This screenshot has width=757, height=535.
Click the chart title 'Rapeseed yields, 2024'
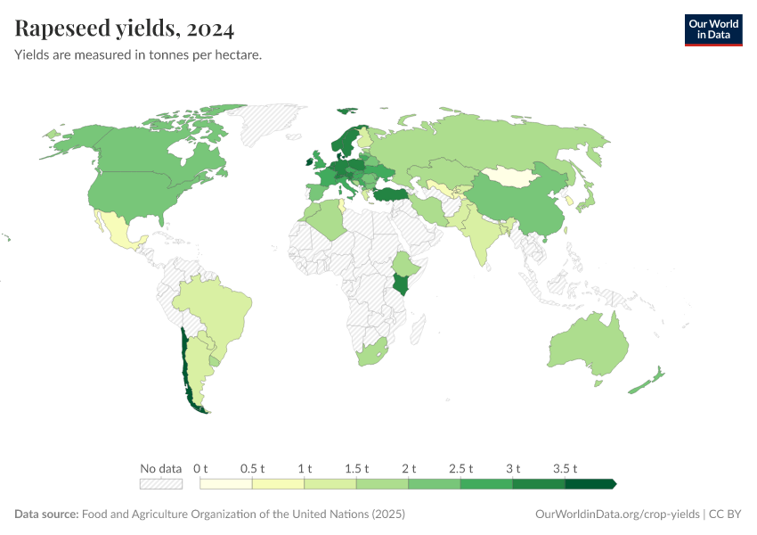pyautogui.click(x=125, y=29)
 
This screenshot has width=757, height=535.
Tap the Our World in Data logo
pyautogui.click(x=712, y=29)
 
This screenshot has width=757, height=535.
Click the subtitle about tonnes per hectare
pyautogui.click(x=138, y=55)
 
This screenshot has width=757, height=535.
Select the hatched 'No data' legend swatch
pyautogui.click(x=160, y=483)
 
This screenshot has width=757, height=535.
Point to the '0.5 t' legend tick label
pyautogui.click(x=252, y=468)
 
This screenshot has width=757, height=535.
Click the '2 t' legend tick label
pyautogui.click(x=409, y=468)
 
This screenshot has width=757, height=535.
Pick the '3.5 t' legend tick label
pyautogui.click(x=565, y=468)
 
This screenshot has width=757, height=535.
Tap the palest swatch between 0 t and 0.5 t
pyautogui.click(x=226, y=483)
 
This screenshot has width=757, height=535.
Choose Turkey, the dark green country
pyautogui.click(x=391, y=194)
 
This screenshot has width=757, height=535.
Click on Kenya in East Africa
pyautogui.click(x=402, y=285)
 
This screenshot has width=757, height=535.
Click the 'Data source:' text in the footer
pyautogui.click(x=46, y=514)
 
